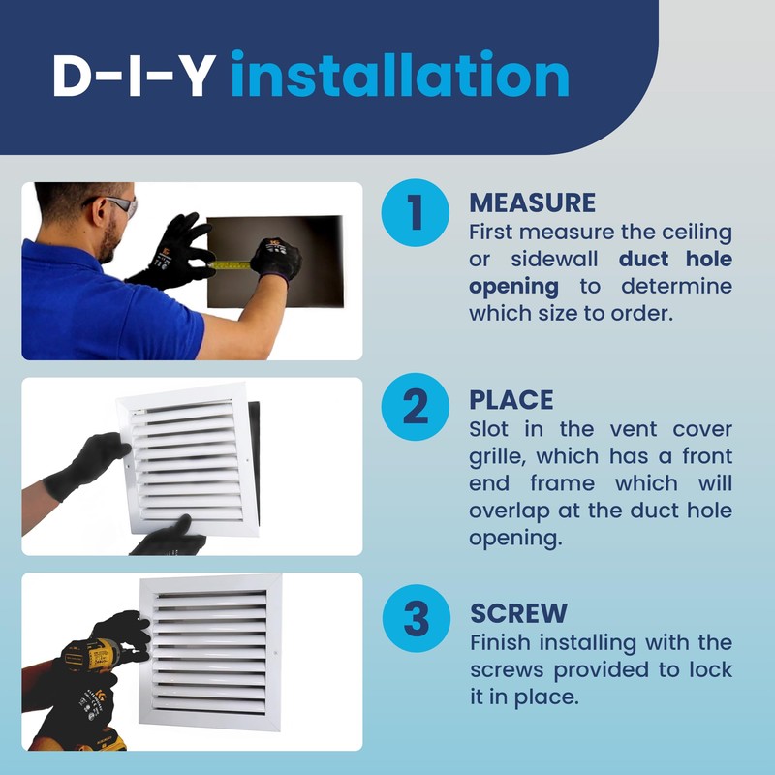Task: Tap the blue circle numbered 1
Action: pyautogui.click(x=415, y=212)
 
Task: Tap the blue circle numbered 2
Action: pyautogui.click(x=415, y=408)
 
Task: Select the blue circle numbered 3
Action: pyautogui.click(x=415, y=620)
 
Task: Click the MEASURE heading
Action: pyautogui.click(x=532, y=202)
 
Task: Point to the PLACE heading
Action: pyautogui.click(x=511, y=400)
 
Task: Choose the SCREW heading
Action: pyautogui.click(x=518, y=614)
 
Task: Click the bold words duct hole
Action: pyautogui.click(x=675, y=260)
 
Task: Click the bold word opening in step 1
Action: pyautogui.click(x=513, y=287)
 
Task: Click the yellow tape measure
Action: pyautogui.click(x=231, y=263)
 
